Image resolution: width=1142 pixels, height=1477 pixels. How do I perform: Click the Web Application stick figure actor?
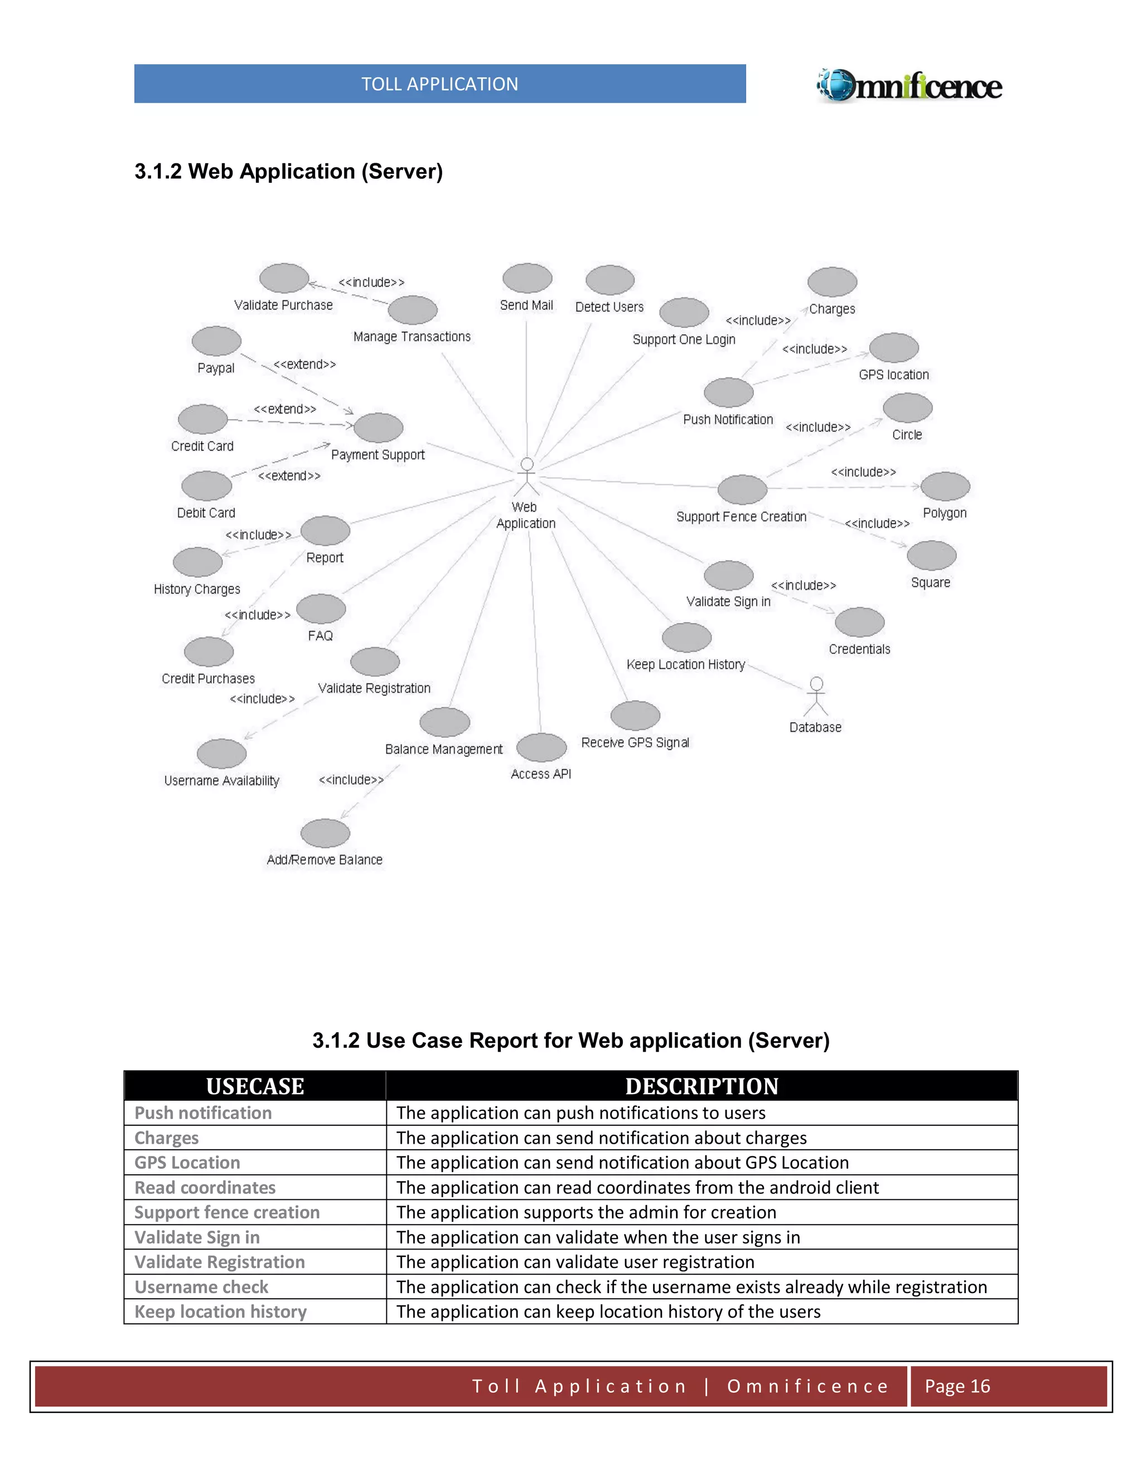(x=526, y=477)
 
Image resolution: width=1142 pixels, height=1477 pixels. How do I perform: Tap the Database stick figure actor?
(x=816, y=696)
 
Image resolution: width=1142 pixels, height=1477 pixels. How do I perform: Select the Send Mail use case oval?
(x=527, y=279)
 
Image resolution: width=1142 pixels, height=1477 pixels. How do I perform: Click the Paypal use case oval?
(x=216, y=341)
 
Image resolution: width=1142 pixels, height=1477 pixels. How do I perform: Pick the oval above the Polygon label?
(x=945, y=486)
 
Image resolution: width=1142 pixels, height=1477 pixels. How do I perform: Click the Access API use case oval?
(x=541, y=747)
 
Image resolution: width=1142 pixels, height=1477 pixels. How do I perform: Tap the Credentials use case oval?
(x=859, y=622)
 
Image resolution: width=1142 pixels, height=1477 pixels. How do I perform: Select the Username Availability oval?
(x=221, y=754)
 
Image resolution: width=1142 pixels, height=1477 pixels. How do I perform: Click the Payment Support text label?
(x=378, y=455)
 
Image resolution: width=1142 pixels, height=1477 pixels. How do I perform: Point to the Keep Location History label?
(x=685, y=665)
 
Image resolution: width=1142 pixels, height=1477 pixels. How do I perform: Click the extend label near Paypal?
(x=304, y=365)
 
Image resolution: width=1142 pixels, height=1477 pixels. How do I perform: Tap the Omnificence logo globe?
(x=838, y=86)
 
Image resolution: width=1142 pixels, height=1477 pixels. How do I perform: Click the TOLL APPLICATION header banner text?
(x=440, y=84)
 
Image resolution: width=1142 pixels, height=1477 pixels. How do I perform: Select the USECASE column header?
(x=255, y=1086)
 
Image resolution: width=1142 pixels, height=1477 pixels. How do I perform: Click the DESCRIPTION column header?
(x=701, y=1086)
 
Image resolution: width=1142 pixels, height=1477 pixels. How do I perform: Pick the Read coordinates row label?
(x=205, y=1188)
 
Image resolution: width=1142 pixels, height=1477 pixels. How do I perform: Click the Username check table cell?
(x=202, y=1287)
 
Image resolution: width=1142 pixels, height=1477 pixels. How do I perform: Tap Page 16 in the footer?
(x=957, y=1386)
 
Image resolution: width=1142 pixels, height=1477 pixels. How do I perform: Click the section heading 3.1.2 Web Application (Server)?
(x=288, y=172)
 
